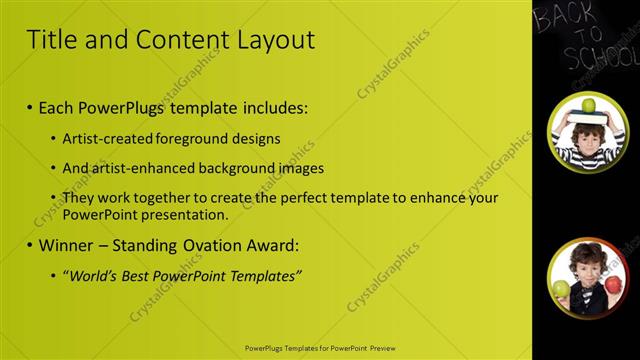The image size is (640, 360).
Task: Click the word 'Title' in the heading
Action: click(x=48, y=40)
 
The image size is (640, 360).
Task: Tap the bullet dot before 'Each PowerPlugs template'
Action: click(x=30, y=107)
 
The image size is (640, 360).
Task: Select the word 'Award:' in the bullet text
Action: click(x=276, y=245)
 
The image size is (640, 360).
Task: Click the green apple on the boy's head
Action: click(x=589, y=105)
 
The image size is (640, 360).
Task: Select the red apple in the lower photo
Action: click(x=613, y=289)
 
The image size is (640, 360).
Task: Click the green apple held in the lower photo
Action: click(x=561, y=289)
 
